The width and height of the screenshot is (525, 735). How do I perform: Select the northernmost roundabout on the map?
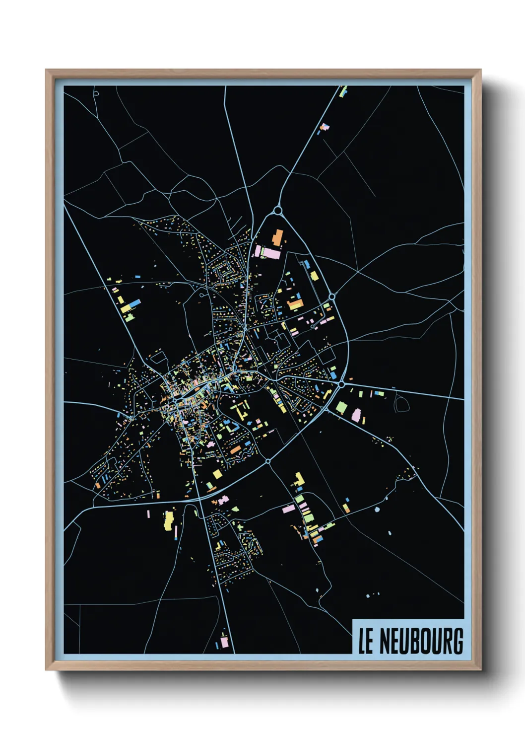click(x=278, y=211)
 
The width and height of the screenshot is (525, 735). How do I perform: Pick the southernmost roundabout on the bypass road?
click(x=268, y=461)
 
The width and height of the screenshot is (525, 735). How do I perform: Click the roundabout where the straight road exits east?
click(x=341, y=384)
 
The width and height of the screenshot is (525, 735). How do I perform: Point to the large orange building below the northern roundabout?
click(x=277, y=237)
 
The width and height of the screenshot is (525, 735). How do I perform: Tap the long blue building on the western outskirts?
click(x=135, y=303)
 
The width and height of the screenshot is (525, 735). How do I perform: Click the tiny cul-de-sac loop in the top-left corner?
click(x=96, y=92)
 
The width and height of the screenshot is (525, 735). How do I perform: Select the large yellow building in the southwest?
click(x=169, y=520)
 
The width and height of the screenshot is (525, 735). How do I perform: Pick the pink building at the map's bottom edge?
click(x=224, y=642)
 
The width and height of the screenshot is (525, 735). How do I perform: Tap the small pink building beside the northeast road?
click(x=325, y=127)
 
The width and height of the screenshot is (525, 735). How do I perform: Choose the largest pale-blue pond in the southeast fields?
click(x=377, y=510)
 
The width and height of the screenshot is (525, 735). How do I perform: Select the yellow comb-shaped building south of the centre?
click(x=242, y=410)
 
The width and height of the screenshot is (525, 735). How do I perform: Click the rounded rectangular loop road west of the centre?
click(x=158, y=357)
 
